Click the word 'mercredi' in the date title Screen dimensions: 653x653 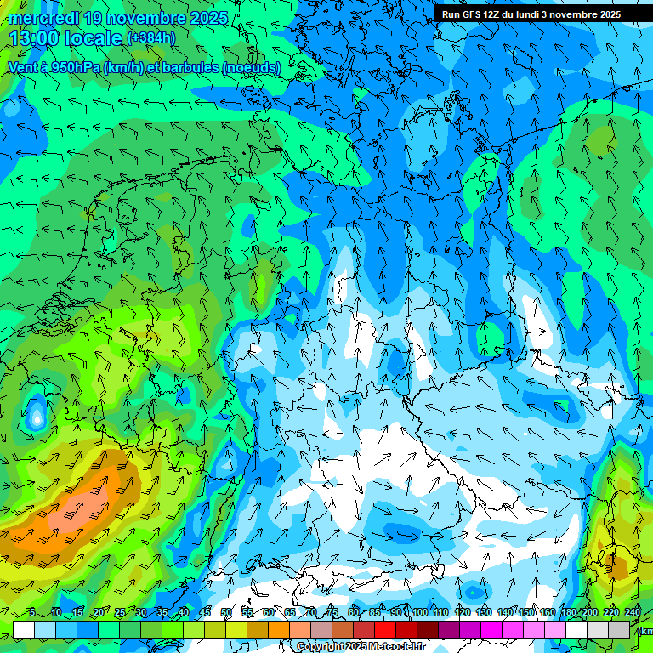pyautogui.click(x=43, y=18)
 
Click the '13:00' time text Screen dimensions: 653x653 pyautogui.click(x=35, y=38)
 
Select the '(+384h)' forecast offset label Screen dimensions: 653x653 pyautogui.click(x=150, y=38)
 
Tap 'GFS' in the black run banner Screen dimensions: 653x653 pyautogui.click(x=472, y=14)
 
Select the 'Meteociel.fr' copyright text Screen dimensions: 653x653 pyautogui.click(x=390, y=647)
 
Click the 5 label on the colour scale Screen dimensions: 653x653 pyautogui.click(x=32, y=613)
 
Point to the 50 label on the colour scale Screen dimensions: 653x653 pyautogui.click(x=226, y=613)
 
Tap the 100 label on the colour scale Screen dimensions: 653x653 pyautogui.click(x=419, y=613)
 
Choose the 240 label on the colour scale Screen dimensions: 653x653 pyautogui.click(x=633, y=613)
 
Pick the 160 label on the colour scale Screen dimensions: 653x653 pyautogui.click(x=548, y=613)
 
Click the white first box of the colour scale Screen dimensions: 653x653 pyautogui.click(x=23, y=629)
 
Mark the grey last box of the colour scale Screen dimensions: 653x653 pyautogui.click(x=620, y=629)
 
